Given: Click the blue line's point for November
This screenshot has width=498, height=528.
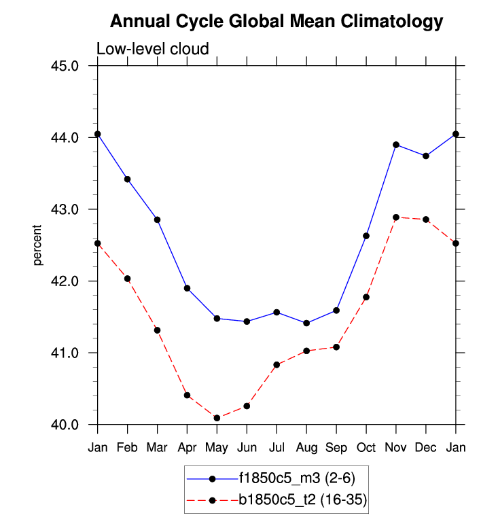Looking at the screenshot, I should [396, 145].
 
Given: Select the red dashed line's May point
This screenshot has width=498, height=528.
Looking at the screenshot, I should [217, 418].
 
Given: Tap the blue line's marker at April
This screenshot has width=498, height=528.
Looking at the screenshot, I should [187, 288].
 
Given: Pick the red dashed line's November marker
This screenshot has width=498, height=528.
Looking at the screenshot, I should [396, 217].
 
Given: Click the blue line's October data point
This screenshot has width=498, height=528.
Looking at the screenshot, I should [366, 236].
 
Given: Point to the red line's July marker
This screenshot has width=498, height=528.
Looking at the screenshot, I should [277, 365].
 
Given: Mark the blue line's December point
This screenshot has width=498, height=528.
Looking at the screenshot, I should [426, 156].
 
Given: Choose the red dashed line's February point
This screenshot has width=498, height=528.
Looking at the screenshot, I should [127, 279].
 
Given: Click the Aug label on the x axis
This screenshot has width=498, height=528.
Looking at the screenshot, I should [306, 447].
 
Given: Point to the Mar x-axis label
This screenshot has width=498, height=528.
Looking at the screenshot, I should [157, 447].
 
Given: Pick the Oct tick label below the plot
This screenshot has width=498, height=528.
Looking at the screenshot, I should [366, 447].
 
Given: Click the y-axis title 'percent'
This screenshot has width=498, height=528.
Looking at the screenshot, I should [39, 245].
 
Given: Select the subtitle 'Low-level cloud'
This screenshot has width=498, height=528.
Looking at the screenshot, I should [152, 49].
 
